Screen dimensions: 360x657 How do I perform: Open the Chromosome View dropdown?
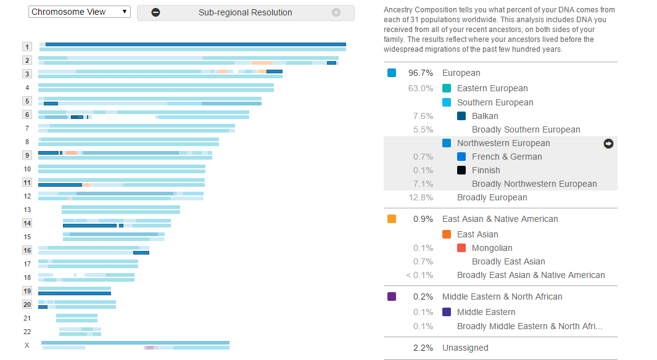coord(79,12)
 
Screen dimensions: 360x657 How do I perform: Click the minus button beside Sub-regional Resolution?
coord(155,12)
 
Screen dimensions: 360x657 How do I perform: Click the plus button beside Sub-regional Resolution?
coord(336,12)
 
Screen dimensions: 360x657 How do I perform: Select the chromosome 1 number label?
coord(27,47)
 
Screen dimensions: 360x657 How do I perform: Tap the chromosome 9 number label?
coord(27,155)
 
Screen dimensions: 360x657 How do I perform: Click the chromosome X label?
coord(27,345)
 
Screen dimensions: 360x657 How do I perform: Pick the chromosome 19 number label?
coord(27,291)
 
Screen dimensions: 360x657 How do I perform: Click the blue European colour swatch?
coord(392,73)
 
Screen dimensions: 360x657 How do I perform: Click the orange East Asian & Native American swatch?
coord(392,219)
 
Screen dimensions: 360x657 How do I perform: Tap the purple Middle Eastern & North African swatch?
coord(392,297)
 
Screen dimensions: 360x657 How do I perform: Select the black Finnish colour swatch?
coord(461,170)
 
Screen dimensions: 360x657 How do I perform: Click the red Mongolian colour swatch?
coord(461,248)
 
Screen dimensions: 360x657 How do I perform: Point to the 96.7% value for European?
coord(420,73)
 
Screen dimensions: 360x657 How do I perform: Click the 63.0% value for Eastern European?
coord(420,88)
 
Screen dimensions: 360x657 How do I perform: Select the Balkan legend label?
coord(485,116)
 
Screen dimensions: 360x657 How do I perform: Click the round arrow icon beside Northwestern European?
coord(609,143)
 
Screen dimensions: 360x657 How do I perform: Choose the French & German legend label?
coord(506,157)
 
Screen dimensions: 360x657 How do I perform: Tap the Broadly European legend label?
coord(492,197)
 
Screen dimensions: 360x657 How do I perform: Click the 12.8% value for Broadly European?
coord(420,197)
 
